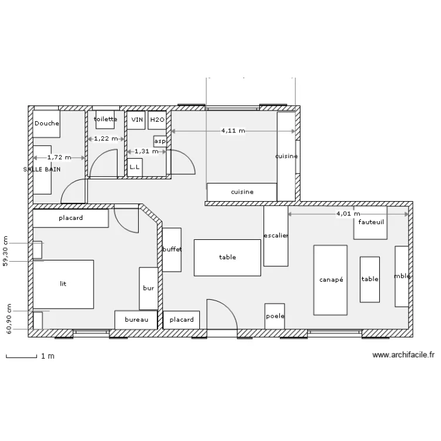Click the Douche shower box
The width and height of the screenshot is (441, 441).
point(46,124)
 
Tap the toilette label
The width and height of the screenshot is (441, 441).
point(105,119)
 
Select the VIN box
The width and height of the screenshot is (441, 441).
point(136,120)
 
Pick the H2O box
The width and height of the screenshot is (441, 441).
point(157,120)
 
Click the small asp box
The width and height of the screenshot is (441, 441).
point(160,141)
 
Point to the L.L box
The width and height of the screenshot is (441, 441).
point(135,168)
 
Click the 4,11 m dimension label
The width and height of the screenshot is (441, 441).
point(233,131)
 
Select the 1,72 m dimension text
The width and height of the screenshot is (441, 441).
point(59,158)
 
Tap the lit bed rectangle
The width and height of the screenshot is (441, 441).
point(64,284)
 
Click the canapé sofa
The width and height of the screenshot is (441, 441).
point(330,280)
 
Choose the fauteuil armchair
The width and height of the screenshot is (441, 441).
point(370,223)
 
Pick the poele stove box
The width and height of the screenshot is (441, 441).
point(275,316)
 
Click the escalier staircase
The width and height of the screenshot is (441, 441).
point(276,236)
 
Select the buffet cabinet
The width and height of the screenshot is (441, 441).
point(172,250)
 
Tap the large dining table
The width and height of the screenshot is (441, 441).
point(227,258)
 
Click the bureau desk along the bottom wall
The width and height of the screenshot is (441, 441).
point(136,320)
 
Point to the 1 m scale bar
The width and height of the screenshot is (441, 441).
point(21,357)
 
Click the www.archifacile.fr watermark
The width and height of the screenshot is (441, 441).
point(403,355)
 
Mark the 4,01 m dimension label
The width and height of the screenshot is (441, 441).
point(348,214)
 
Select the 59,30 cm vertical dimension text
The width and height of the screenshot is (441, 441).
point(5,251)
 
